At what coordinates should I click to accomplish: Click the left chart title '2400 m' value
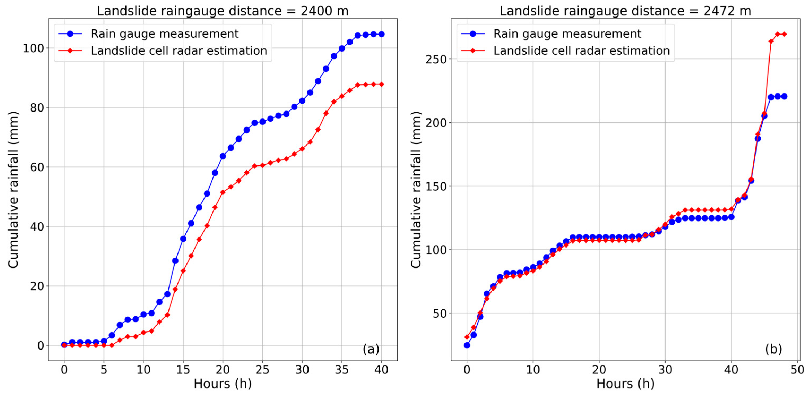(324, 11)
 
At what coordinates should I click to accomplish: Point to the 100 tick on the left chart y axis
(33, 48)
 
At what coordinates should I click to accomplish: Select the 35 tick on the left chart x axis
(342, 370)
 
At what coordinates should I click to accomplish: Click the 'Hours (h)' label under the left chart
(223, 384)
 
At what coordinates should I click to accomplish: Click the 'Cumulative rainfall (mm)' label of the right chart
(416, 190)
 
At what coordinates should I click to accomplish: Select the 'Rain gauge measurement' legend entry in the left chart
(164, 34)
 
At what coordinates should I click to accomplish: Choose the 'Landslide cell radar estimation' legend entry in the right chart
(581, 50)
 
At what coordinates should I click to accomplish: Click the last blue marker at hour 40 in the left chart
(381, 34)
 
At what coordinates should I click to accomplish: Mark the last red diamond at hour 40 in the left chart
(381, 84)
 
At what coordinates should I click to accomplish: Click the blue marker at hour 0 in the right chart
(467, 345)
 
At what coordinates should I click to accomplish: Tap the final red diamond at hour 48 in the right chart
(784, 34)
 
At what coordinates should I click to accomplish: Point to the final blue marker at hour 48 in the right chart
(784, 96)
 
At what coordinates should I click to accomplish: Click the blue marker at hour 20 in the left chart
(223, 156)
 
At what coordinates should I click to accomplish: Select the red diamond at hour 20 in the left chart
(223, 192)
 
